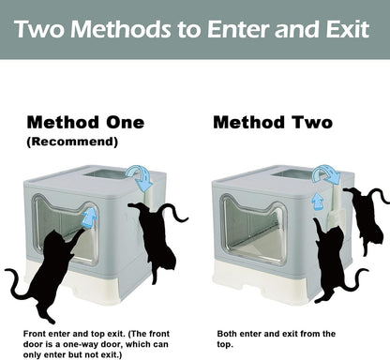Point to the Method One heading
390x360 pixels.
point(85,123)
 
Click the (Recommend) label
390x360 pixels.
point(72,142)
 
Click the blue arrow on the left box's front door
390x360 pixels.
point(90,218)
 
